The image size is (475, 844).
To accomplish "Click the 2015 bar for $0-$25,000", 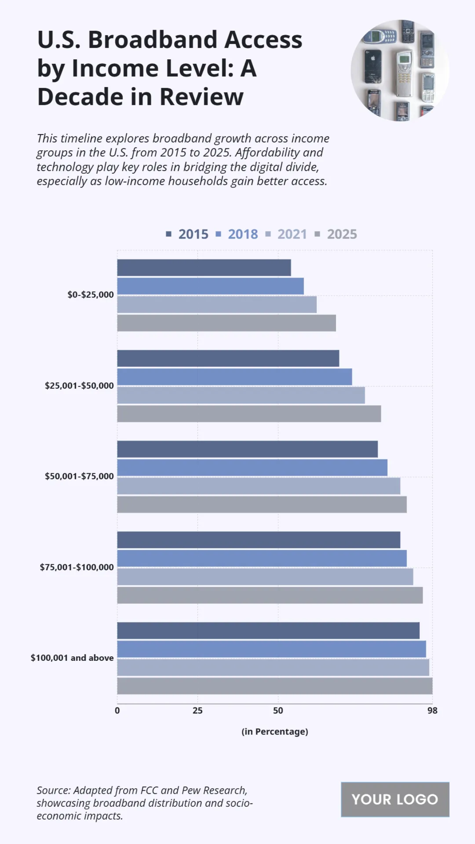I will point(204,268).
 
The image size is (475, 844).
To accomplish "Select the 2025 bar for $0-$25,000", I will point(226,323).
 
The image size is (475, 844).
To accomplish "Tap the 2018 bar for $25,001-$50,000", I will point(234,377).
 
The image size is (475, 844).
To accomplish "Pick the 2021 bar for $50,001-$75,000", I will point(258,486).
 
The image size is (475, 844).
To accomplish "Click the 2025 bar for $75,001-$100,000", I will point(270,595).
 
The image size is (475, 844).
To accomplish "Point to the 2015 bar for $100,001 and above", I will point(268,631).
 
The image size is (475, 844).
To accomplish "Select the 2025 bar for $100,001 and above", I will point(275,686).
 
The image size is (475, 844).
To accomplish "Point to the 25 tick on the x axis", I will point(198,711).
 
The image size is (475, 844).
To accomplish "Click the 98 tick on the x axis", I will point(432,711).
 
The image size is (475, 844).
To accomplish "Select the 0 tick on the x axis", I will point(117,711).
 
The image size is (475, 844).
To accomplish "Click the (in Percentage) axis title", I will point(275,732).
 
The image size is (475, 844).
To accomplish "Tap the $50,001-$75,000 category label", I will point(79,476).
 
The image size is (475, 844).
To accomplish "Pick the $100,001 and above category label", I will point(72,658).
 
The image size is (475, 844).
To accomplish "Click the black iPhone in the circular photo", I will point(372,66).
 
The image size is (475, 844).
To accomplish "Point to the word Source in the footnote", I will point(53,790).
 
